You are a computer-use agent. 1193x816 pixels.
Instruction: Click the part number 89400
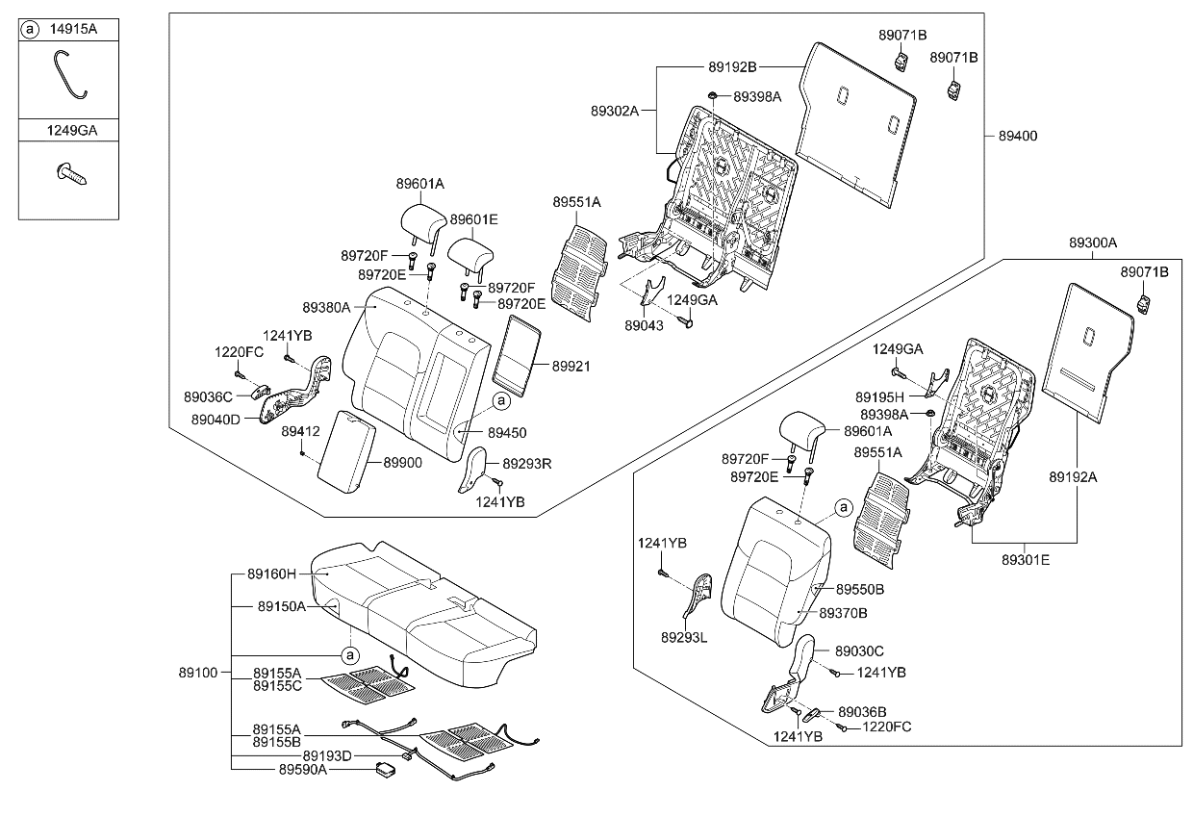tap(1019, 137)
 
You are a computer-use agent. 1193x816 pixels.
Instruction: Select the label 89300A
tap(1092, 243)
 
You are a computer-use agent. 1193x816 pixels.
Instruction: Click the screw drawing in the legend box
tap(70, 174)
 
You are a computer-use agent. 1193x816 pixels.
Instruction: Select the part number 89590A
tap(304, 770)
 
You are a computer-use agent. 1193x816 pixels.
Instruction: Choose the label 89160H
tap(272, 574)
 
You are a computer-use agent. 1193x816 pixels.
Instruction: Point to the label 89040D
tap(216, 420)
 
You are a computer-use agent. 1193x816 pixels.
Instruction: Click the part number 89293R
tap(527, 463)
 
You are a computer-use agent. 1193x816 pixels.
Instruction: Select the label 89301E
tap(1026, 559)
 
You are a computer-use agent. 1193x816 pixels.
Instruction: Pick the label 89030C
tap(859, 651)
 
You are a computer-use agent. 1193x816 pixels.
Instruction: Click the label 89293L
tap(685, 637)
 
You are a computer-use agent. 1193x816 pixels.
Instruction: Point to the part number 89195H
tap(880, 396)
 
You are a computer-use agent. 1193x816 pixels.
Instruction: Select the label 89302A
tap(615, 111)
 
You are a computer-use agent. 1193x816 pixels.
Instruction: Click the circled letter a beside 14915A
tap(31, 30)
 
